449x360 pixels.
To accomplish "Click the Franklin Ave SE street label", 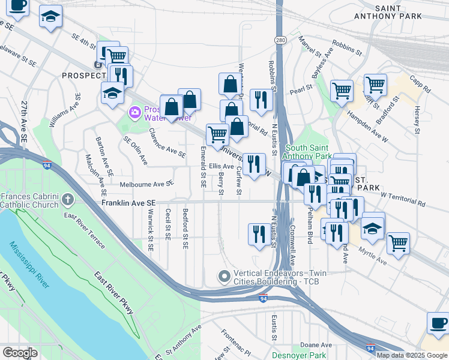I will coord(128,204).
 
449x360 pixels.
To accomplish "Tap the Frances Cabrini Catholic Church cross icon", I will coord(68,198).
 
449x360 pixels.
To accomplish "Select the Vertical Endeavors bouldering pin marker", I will coord(224,277).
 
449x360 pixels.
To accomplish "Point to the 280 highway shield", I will coord(280,40).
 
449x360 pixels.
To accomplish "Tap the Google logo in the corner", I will coord(20,352).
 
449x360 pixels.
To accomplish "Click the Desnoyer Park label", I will coord(298,355).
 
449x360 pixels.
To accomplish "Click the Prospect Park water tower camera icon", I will coord(134,112).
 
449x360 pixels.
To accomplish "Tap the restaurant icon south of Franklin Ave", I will coord(259,233).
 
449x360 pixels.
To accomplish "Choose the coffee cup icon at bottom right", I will coord(438,323).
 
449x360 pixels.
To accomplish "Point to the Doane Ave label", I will coord(316,345).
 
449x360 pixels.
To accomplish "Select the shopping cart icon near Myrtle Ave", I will coord(397,243).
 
